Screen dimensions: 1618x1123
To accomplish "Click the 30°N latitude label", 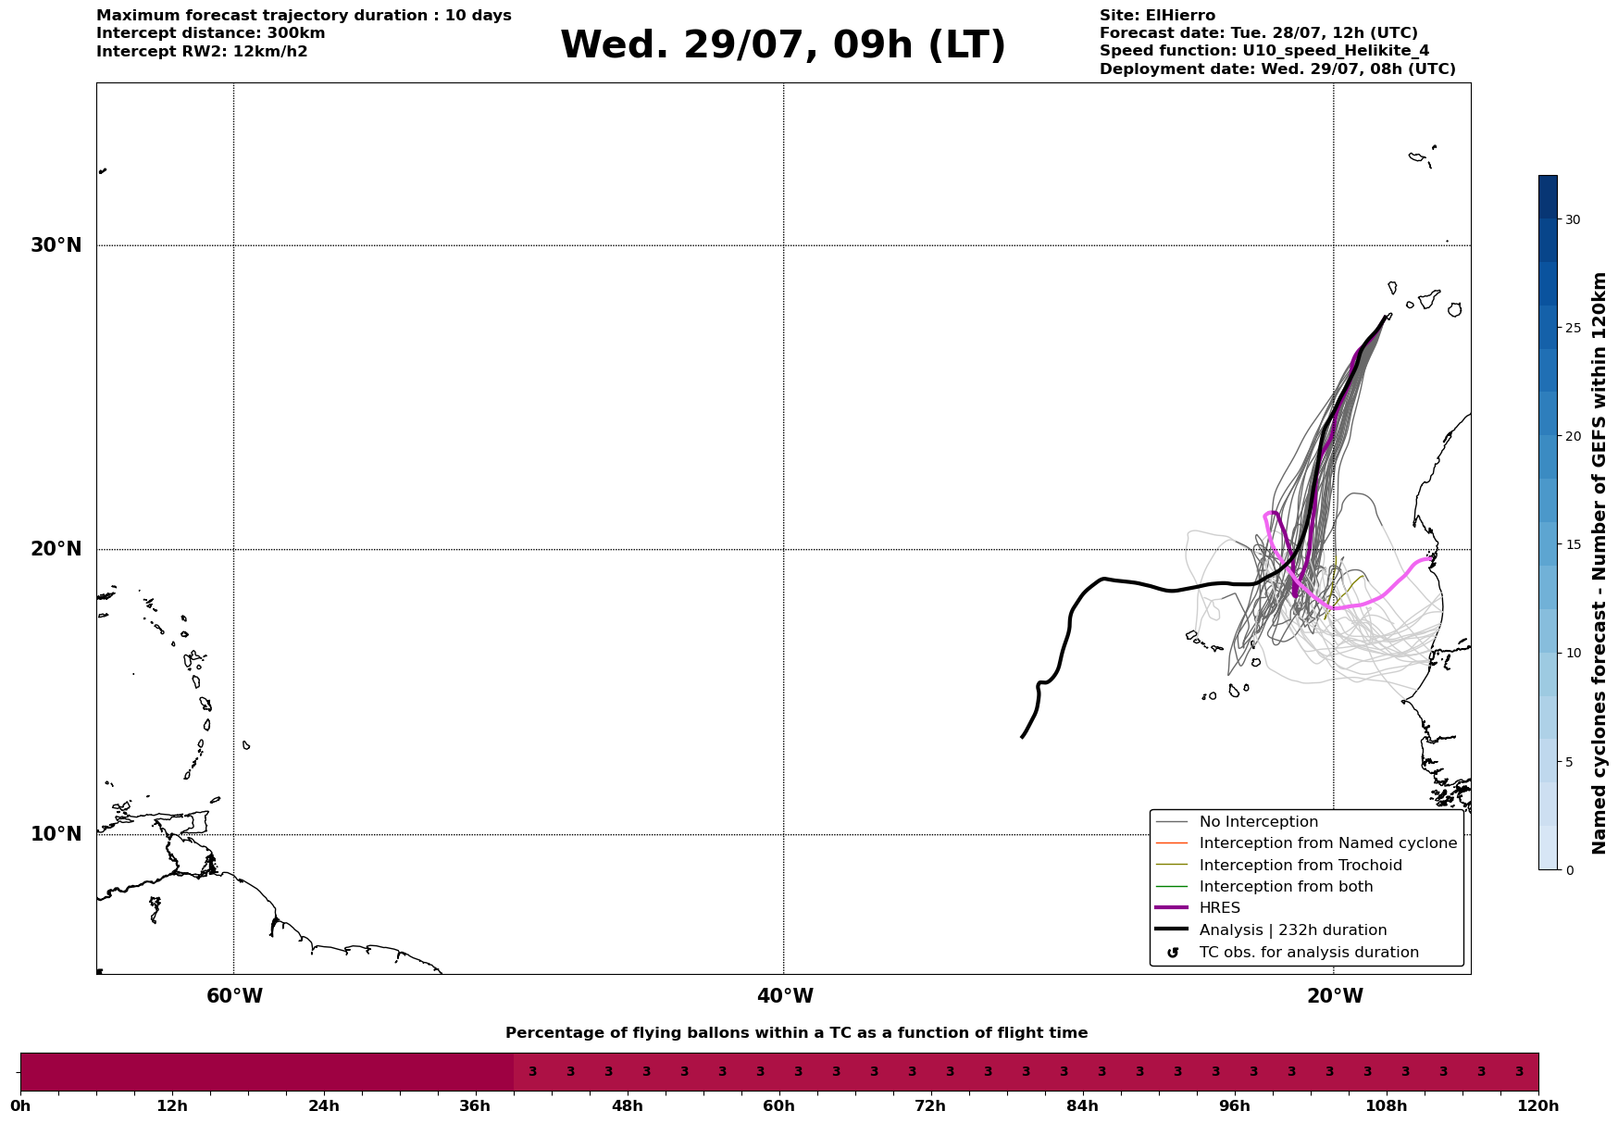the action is point(56,245).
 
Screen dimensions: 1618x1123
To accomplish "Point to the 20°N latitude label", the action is point(56,549).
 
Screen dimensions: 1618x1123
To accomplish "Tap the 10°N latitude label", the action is point(56,834).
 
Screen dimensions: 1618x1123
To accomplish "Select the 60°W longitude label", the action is point(234,996).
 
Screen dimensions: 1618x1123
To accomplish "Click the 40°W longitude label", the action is point(785,996).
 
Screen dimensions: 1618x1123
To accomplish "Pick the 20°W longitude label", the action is point(1335,996).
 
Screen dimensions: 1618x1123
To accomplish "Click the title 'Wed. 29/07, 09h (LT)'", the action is point(783,44).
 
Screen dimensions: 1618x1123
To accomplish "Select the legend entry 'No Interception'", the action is point(1259,822).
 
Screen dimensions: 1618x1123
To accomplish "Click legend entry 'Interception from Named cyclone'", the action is point(1328,843).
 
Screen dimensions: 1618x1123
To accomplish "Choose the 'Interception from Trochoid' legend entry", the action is point(1301,866).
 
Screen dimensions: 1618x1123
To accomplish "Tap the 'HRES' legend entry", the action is point(1220,908).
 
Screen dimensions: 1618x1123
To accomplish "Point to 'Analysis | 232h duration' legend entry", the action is point(1293,930).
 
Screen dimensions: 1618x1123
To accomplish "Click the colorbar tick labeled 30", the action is point(1573,219).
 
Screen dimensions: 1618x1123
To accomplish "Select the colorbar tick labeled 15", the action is point(1573,544).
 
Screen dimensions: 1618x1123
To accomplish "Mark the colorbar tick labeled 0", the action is point(1568,870).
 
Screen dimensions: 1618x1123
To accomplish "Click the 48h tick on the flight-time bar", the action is point(628,1106).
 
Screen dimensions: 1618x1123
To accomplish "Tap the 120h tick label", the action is point(1538,1106).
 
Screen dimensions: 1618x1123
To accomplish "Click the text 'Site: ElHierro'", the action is point(1157,16).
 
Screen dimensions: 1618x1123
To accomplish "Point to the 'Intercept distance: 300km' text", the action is point(211,33).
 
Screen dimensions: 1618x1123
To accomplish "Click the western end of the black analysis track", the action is point(1022,737).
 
